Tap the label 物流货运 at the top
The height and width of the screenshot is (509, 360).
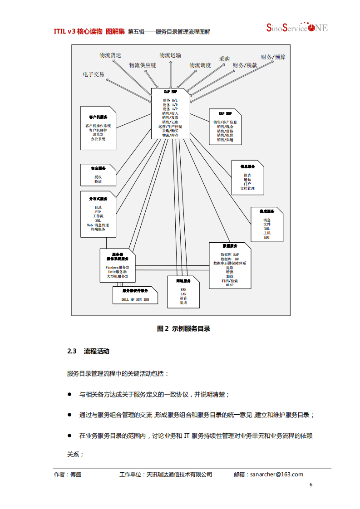click(110, 55)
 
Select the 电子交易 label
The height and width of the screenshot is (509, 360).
click(94, 74)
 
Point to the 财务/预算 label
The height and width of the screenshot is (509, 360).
click(273, 57)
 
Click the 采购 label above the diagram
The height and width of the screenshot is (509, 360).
click(224, 59)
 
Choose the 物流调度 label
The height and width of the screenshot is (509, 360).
click(200, 65)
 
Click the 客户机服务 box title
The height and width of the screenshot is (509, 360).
click(98, 117)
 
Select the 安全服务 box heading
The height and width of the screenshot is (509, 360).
click(98, 168)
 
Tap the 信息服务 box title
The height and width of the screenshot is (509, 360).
click(247, 166)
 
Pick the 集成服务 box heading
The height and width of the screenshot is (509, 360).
click(267, 211)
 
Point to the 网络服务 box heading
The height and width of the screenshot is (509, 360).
click(183, 281)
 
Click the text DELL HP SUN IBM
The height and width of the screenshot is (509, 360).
click(135, 299)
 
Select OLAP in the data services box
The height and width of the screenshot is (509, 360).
click(230, 285)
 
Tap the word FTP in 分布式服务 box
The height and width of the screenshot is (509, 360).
click(98, 212)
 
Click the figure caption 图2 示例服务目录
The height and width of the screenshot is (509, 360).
click(183, 328)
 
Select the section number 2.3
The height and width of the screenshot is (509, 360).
click(72, 351)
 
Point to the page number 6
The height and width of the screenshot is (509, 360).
click(311, 485)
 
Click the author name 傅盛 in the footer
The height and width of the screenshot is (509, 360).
click(76, 475)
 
